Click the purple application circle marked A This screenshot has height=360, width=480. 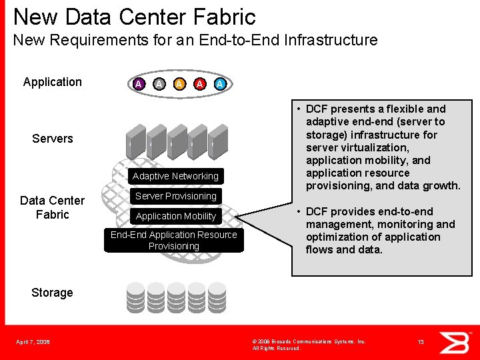pos(138,84)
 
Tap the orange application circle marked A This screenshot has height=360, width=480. pos(179,84)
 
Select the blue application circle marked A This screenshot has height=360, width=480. pos(220,84)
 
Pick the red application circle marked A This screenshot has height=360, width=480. pos(199,84)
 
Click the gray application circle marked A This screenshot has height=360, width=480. pos(159,84)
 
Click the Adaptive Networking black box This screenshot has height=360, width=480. pos(175,176)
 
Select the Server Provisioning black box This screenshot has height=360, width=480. pos(175,196)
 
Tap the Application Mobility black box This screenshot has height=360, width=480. pos(175,216)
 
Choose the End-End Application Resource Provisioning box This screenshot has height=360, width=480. pos(173,241)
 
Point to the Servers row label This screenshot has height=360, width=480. pos(53,139)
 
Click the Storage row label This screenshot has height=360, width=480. pos(52,293)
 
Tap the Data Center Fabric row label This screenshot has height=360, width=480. pos(52,207)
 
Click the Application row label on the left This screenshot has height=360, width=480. pos(53,82)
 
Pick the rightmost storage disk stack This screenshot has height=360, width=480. pos(217,298)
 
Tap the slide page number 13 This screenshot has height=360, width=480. pos(421,342)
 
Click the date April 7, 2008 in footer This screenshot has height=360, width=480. pos(33,343)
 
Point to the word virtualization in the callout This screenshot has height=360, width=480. pos(374,147)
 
